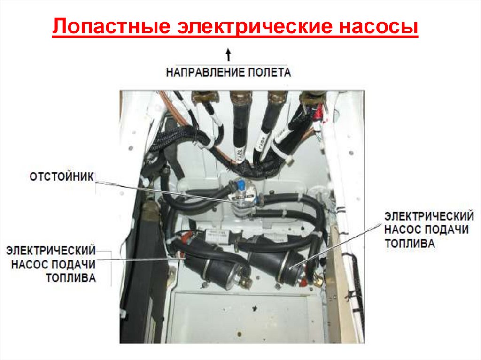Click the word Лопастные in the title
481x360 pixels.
click(x=111, y=26)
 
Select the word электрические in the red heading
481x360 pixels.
click(x=255, y=26)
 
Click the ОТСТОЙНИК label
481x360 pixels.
click(x=62, y=177)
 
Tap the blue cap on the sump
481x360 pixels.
click(x=240, y=185)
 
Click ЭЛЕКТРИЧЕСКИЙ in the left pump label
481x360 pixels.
click(x=51, y=251)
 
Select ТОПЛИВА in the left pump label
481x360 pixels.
click(x=70, y=278)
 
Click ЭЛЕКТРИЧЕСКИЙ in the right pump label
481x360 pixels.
click(x=429, y=216)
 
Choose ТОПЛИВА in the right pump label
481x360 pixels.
click(x=410, y=244)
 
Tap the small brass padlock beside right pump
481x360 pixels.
click(x=318, y=280)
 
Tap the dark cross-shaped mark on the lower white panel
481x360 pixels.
click(x=255, y=307)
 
